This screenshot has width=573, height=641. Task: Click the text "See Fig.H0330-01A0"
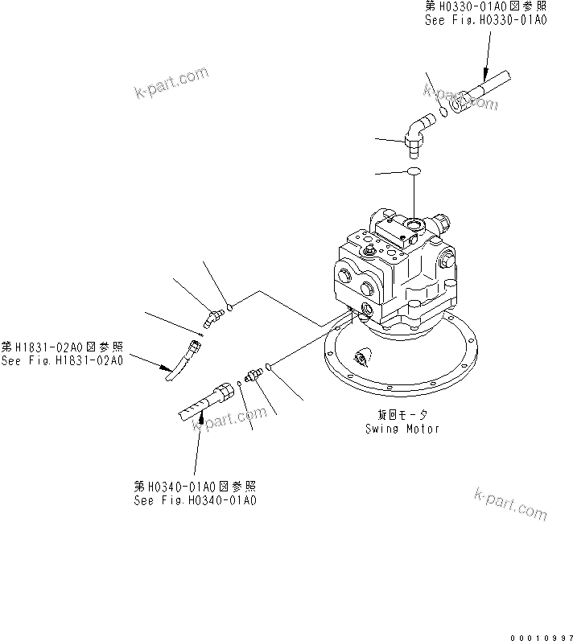[485, 21]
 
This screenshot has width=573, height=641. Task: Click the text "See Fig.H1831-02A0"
[62, 360]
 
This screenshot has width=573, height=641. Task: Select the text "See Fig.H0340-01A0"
[196, 499]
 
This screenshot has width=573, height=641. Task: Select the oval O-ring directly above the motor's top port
[413, 172]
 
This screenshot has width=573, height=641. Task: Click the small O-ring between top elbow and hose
[443, 113]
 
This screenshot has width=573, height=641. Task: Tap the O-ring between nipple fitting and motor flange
[270, 369]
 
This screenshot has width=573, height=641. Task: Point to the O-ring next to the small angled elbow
[229, 306]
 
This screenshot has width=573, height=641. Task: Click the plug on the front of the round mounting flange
[359, 356]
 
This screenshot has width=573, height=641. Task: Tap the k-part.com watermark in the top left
[171, 81]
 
